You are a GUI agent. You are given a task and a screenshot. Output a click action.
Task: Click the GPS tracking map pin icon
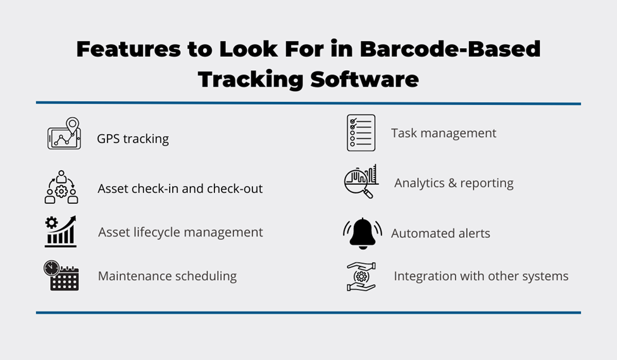(x=64, y=133)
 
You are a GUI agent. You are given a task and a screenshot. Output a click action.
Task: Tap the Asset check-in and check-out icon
(x=61, y=187)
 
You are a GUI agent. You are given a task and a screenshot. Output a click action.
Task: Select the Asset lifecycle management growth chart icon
(x=61, y=232)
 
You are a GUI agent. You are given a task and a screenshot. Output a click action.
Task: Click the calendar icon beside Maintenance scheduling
(x=61, y=275)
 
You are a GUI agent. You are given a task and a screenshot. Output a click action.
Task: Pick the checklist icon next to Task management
(x=361, y=133)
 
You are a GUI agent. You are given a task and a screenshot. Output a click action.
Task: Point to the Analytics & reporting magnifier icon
(x=361, y=182)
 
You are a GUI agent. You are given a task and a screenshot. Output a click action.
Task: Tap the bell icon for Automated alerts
(x=363, y=233)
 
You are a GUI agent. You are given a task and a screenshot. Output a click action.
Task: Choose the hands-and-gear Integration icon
(x=361, y=276)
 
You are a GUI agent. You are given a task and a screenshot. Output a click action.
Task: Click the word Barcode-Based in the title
(x=450, y=49)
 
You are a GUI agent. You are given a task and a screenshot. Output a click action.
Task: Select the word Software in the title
(x=365, y=79)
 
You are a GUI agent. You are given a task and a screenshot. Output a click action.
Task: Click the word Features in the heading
(x=128, y=49)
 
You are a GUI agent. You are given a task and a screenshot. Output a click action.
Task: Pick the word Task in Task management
(x=404, y=133)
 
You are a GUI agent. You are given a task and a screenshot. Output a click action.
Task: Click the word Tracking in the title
(x=251, y=79)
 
